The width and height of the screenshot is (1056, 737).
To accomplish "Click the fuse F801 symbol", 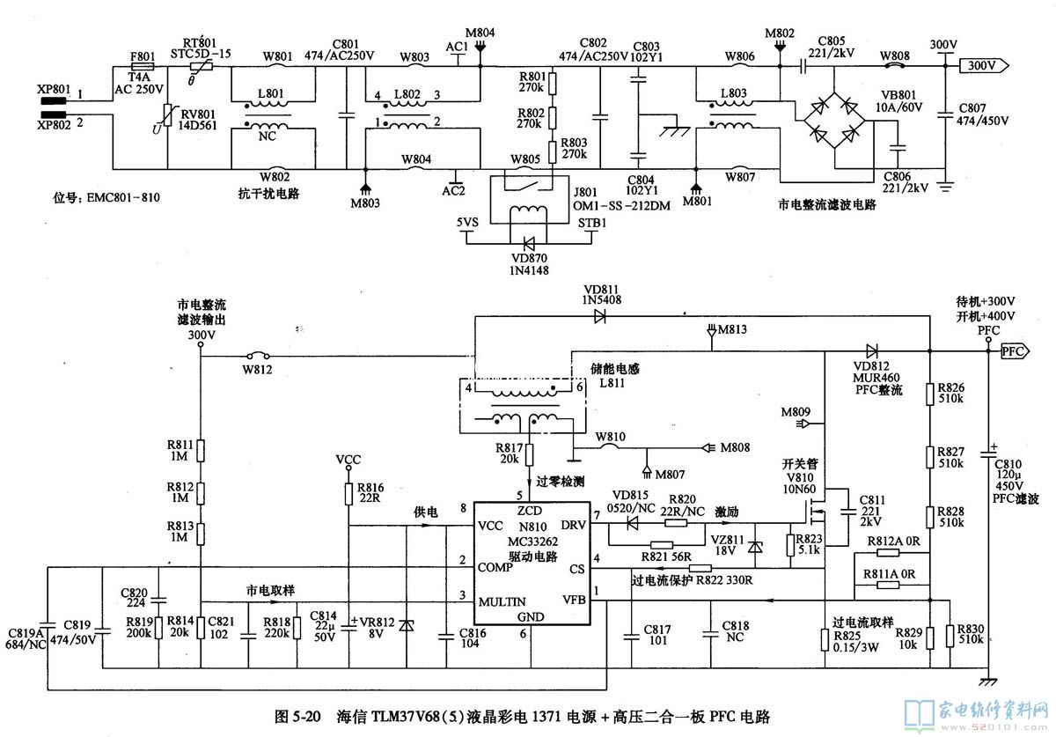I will point(143,66).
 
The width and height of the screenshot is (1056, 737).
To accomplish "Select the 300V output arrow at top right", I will point(984,66).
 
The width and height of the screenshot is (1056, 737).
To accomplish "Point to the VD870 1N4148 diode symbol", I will point(530,240).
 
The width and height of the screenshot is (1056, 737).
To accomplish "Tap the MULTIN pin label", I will point(502,601).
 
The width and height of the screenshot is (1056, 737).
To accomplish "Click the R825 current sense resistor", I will point(823,640).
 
